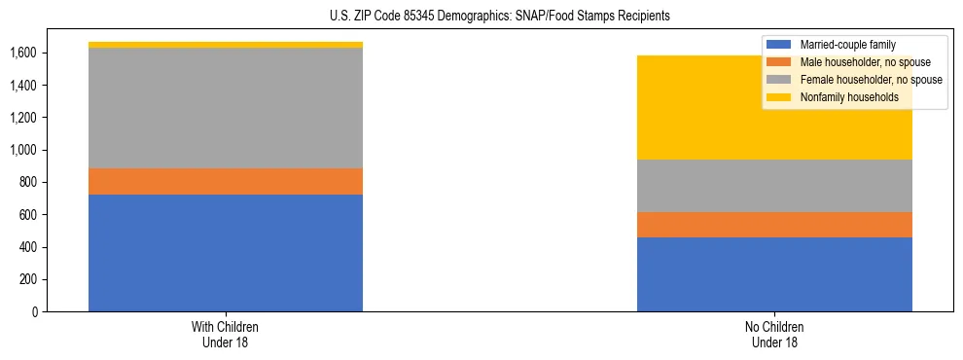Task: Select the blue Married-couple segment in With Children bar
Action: coord(226,253)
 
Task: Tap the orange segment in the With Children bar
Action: coord(226,182)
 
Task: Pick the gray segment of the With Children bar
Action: coord(226,108)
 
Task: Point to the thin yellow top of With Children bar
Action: coord(226,45)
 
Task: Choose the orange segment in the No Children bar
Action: coord(774,225)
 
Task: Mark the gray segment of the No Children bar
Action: coord(774,186)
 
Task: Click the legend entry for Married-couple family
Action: coord(847,45)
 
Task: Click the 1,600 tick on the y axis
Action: coord(23,54)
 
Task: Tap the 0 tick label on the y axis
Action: coord(35,311)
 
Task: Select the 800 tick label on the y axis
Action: coord(28,183)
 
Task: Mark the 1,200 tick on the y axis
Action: coord(23,118)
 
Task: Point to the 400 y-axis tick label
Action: coord(28,247)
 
